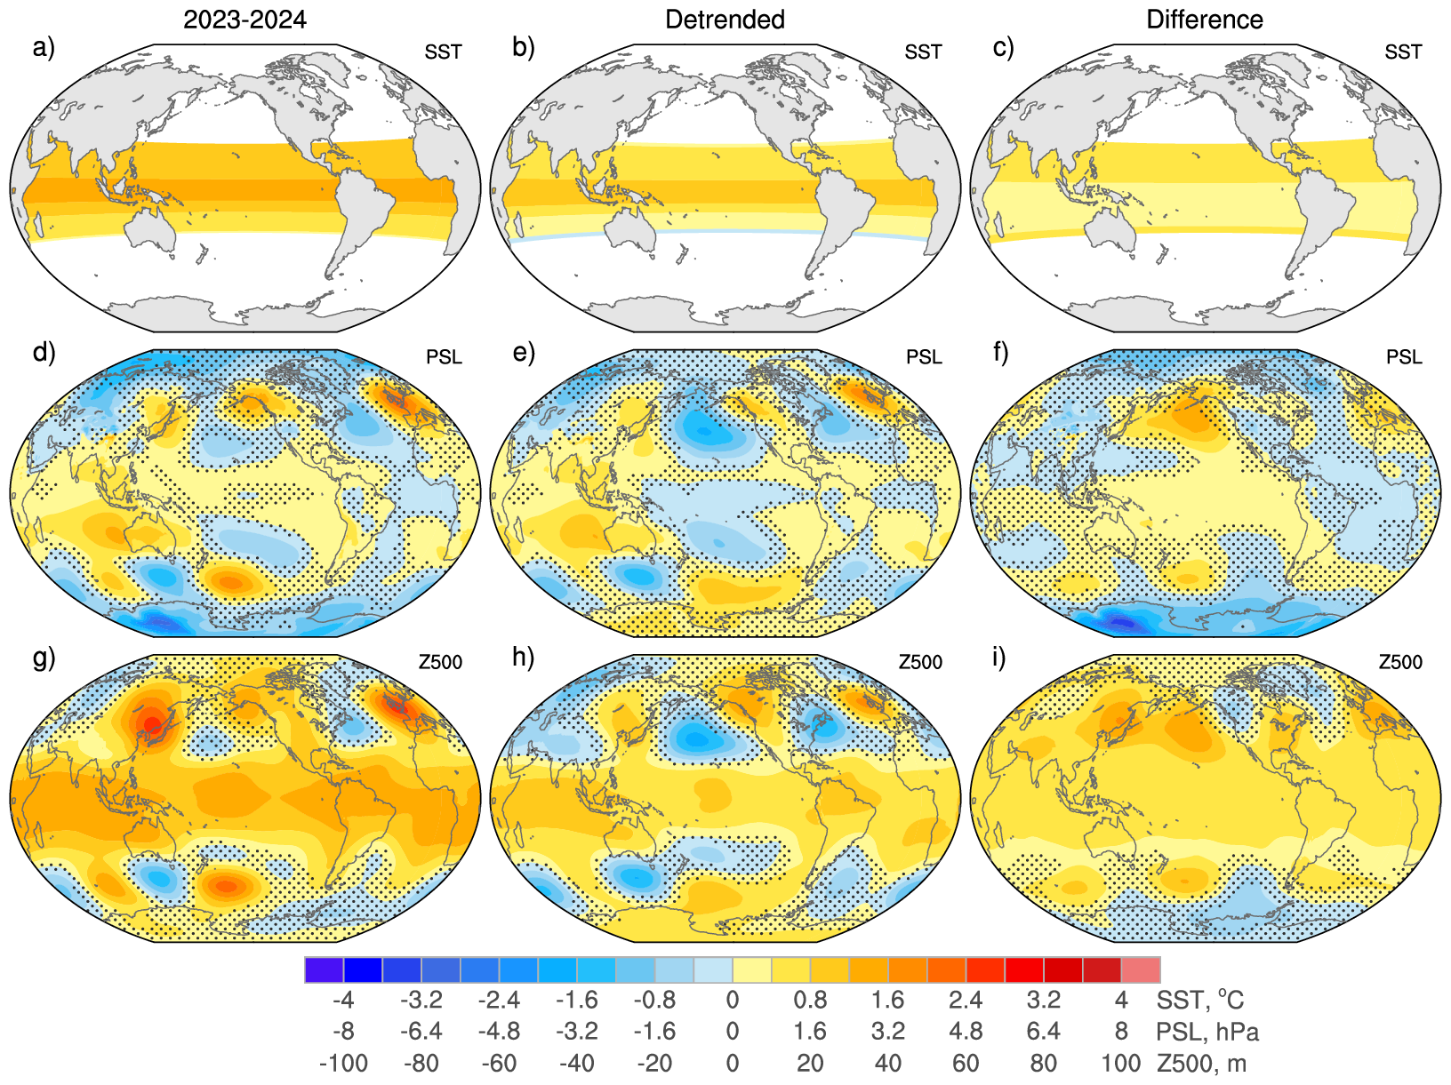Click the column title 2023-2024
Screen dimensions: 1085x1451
click(245, 20)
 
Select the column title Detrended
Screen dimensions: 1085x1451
click(725, 20)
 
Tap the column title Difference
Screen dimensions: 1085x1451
click(1205, 20)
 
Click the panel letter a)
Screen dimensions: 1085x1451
click(44, 48)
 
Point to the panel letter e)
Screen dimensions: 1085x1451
click(524, 353)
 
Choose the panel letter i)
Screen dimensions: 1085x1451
click(999, 658)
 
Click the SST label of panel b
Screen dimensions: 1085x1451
click(923, 52)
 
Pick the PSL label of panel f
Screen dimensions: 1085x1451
click(1404, 357)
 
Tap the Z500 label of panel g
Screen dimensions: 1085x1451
click(441, 662)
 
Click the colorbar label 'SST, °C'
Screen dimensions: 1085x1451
click(1199, 1001)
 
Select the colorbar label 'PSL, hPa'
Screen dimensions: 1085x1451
click(1207, 1032)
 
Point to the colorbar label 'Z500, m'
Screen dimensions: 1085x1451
click(1201, 1063)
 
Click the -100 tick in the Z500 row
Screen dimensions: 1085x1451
click(343, 1063)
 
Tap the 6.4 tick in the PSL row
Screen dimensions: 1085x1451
click(1043, 1032)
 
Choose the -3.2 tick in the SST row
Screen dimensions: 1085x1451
click(421, 1001)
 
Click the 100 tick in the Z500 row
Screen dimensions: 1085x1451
click(1120, 1063)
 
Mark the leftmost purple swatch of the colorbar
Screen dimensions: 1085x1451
click(324, 969)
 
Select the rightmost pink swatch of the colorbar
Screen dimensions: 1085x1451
click(1141, 969)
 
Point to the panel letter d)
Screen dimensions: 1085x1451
click(44, 353)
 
